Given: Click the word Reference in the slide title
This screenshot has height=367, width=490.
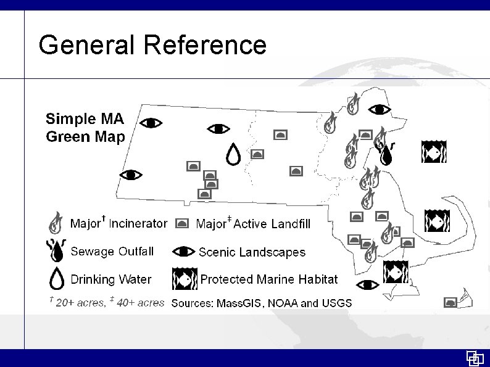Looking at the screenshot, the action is coord(206,45).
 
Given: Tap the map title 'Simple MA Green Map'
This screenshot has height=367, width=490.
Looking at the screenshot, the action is coord(85,127).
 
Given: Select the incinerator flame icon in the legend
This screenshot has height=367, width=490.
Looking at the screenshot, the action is coord(56,221).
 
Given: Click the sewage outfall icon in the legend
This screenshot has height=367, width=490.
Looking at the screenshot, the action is coord(56,250).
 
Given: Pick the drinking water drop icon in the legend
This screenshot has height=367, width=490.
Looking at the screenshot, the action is coord(56,279).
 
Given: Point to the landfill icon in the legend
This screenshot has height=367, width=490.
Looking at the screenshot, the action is coord(183,223).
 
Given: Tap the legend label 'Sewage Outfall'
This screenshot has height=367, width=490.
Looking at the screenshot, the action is coord(112,251).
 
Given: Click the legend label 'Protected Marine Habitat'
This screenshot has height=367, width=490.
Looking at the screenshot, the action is coord(269,279).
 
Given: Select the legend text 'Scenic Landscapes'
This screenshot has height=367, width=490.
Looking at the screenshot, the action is coord(252,252).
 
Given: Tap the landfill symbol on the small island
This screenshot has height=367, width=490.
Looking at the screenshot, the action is coord(451,302).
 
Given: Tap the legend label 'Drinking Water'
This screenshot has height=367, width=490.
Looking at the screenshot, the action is coord(111,279).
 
